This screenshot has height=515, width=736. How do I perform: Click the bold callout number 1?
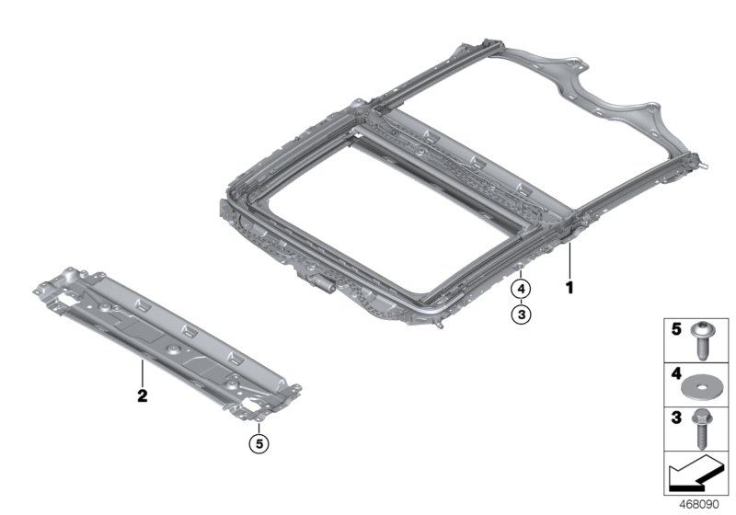coord(569,289)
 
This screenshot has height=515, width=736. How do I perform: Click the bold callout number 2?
coord(143,397)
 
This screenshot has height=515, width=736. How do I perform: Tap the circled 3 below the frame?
coord(520,315)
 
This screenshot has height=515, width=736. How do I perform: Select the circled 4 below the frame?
coord(520,290)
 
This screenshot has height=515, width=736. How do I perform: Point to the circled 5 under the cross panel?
coord(260,444)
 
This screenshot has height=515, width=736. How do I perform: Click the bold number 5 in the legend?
coord(674,329)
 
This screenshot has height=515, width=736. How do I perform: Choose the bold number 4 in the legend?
coord(674,374)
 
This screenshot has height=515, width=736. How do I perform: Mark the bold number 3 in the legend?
coord(674,418)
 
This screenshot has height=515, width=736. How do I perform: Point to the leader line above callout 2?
coord(143,374)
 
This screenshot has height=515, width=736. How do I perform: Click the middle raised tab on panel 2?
coord(188,329)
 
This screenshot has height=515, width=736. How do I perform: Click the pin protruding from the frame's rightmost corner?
coord(707,169)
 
